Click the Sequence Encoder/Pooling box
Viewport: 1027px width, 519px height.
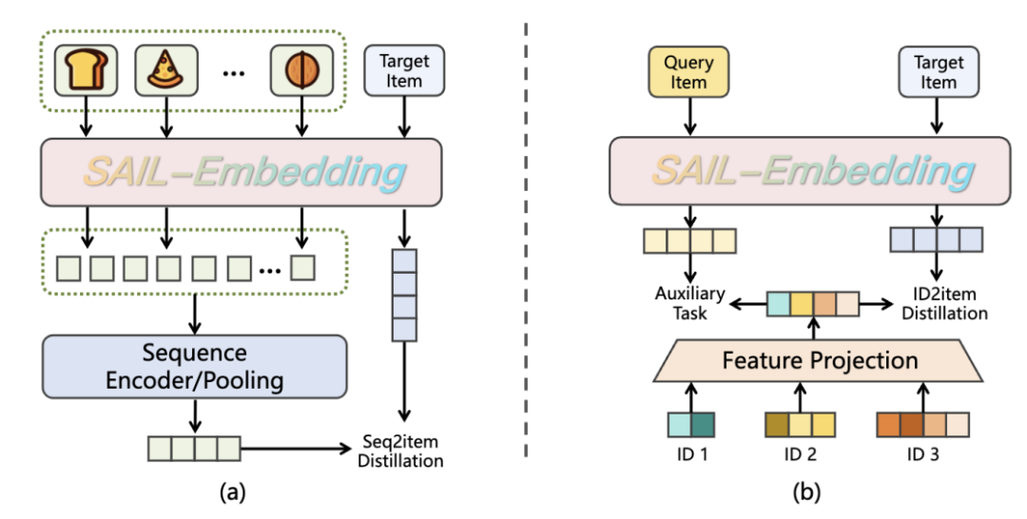coord(194,366)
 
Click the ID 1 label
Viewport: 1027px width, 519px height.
coord(689,453)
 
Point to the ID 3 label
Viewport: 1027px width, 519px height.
coord(921,453)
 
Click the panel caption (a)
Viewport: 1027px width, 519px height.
coord(234,492)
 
